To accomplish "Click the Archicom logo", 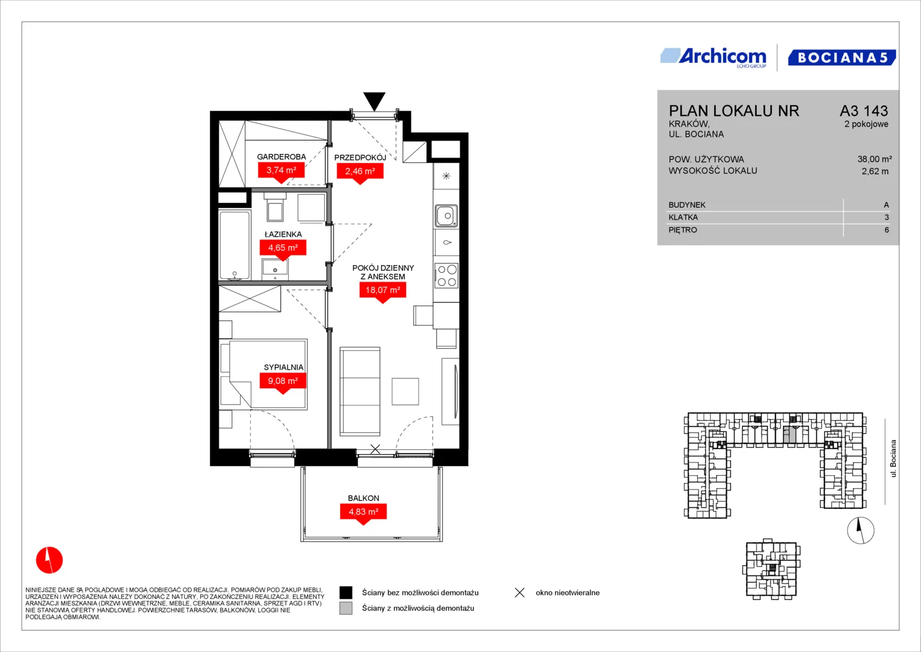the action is click(x=714, y=57).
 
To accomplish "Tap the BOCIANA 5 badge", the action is click(x=841, y=57).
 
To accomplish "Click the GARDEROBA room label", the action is click(x=281, y=157).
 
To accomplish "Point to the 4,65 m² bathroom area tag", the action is click(x=283, y=249).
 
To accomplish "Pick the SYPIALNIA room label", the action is click(x=283, y=367).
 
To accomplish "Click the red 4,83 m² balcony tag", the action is click(x=364, y=513).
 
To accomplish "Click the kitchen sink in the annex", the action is click(x=446, y=216).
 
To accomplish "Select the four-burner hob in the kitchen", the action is click(x=446, y=276).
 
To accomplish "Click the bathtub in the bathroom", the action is click(x=235, y=245).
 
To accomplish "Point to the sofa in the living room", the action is click(x=359, y=391).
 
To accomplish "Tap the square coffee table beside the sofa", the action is click(x=405, y=391).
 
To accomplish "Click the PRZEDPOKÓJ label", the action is click(x=360, y=158).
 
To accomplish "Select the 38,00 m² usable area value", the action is click(x=875, y=159).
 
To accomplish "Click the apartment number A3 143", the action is click(x=864, y=110).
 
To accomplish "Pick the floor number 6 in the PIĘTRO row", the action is click(x=887, y=230).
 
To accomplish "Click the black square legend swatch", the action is click(x=346, y=592).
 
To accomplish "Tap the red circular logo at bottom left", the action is click(x=49, y=560).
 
